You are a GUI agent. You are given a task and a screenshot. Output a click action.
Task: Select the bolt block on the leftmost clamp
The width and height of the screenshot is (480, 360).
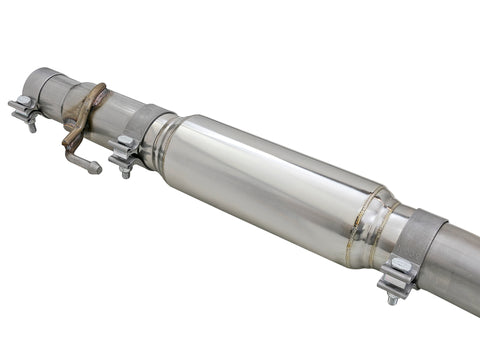[x=24, y=106]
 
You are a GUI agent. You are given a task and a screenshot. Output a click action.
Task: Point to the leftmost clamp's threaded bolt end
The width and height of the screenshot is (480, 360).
[x=32, y=125]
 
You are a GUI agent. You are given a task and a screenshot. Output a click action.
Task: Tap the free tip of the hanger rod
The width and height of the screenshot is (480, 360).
[x=97, y=168]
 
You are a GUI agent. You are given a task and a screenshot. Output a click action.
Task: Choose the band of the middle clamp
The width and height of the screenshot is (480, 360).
[x=145, y=125]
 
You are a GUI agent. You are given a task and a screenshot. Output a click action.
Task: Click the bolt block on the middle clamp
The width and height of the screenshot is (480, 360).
[x=124, y=151]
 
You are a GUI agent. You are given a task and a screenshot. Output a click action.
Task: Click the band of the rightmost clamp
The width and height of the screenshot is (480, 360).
[x=420, y=245]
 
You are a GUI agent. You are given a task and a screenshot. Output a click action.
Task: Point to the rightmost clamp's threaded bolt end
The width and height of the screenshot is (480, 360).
[x=393, y=297]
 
